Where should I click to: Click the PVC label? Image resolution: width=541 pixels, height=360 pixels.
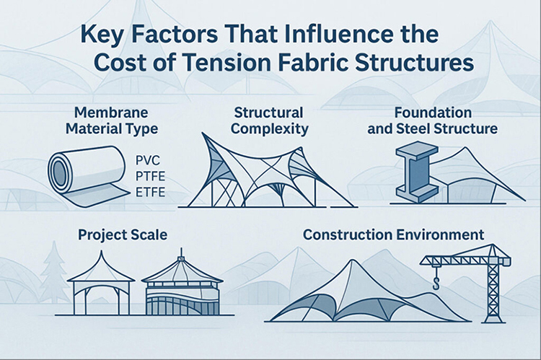151,160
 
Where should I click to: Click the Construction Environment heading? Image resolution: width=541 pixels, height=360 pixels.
393,235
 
